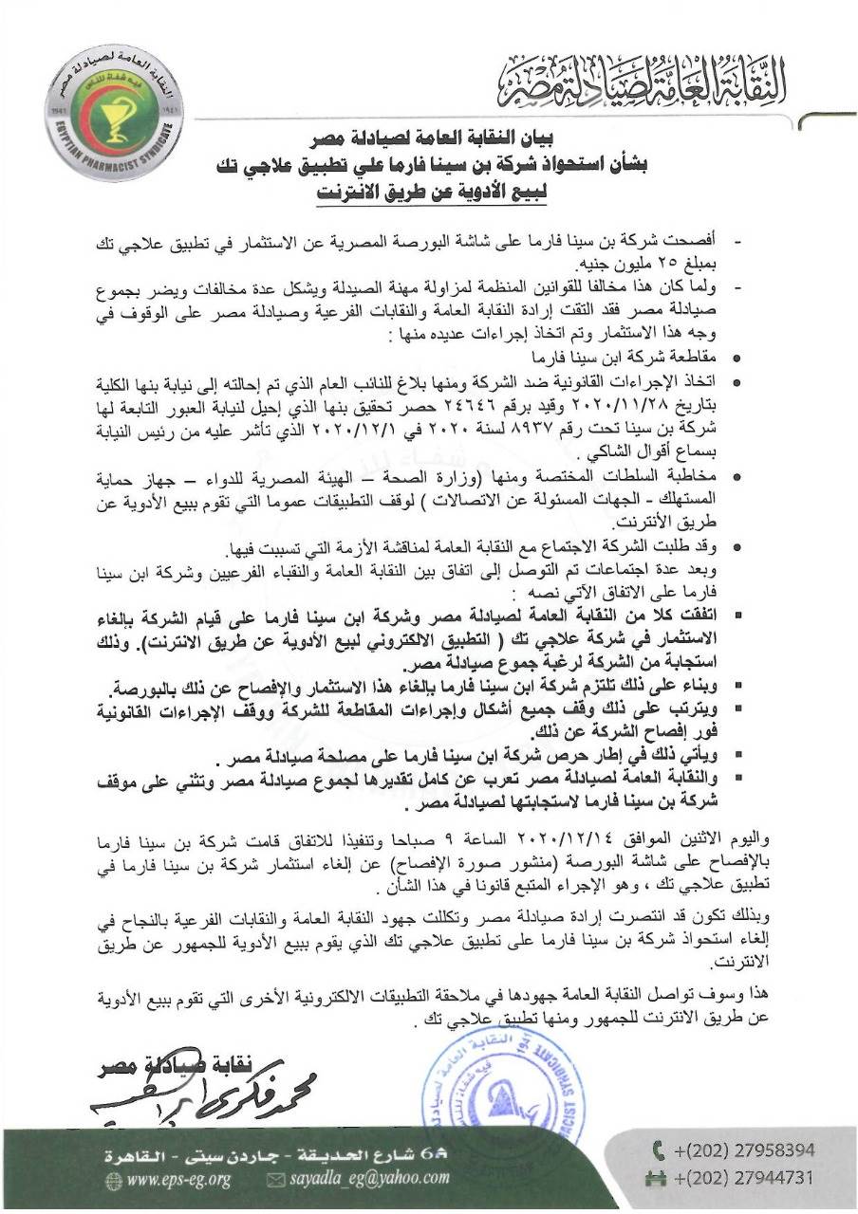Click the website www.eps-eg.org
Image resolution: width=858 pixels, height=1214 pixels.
click(x=179, y=1179)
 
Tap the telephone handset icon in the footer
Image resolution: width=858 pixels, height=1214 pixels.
click(x=658, y=1151)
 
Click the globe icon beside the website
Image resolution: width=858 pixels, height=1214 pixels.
click(x=113, y=1179)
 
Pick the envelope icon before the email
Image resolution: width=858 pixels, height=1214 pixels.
click(x=276, y=1179)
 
